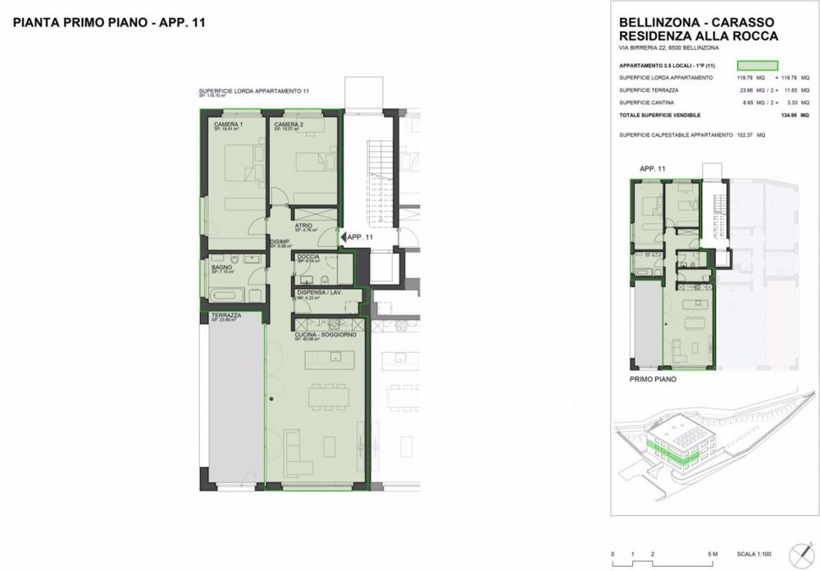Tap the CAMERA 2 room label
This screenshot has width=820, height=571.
[289, 124]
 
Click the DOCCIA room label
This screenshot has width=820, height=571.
[308, 257]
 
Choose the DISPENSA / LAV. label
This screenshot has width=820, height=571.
[319, 293]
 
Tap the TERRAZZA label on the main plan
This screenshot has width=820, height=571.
[225, 315]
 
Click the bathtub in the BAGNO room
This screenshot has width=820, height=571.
[223, 294]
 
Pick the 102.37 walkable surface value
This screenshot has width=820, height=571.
[745, 135]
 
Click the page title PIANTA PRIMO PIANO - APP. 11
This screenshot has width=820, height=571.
[109, 23]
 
